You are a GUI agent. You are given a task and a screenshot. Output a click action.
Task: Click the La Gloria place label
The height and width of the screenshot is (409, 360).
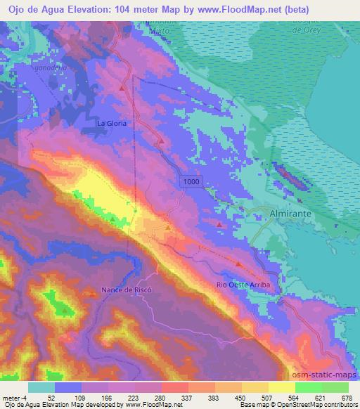pos(112,123)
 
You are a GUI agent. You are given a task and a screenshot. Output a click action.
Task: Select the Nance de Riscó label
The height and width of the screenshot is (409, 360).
pos(127,290)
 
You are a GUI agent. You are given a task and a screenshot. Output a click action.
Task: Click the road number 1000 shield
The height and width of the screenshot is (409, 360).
pos(191,182)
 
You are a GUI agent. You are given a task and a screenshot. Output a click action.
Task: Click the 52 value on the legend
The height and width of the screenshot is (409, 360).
pos(51,398)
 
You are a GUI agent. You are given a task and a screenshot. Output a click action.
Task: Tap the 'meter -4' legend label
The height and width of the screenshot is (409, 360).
pos(14,398)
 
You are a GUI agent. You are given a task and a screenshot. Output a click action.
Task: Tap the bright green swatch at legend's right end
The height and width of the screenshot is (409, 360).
pos(335,387)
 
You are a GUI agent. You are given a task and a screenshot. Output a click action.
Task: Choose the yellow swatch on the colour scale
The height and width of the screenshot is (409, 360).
pos(282,387)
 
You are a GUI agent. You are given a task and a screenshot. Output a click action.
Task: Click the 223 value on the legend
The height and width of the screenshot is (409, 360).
pos(135,398)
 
